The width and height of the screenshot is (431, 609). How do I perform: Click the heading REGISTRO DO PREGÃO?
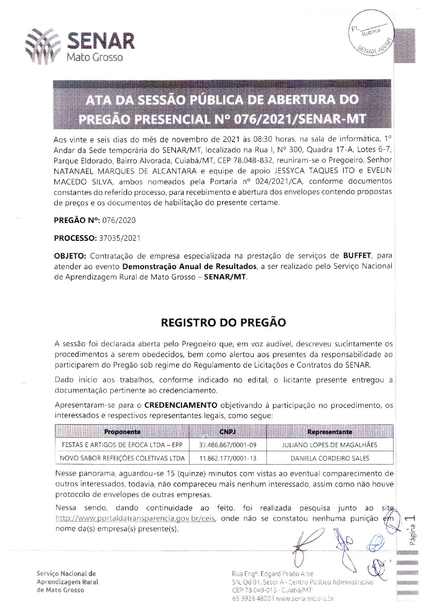[x=224, y=323]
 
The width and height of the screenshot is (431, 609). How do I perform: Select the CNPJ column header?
[x=228, y=432]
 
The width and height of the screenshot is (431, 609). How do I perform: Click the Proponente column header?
[x=122, y=432]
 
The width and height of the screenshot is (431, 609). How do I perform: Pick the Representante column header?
[x=330, y=432]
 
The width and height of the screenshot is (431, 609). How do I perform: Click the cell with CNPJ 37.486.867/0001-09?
[x=228, y=445]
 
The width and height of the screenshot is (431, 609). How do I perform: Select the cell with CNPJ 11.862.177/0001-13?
[x=228, y=458]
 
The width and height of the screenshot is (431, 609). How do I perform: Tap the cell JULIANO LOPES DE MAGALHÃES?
[x=330, y=445]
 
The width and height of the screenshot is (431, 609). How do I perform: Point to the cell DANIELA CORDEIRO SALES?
[x=330, y=458]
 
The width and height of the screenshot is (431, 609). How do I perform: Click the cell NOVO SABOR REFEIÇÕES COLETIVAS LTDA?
[x=122, y=458]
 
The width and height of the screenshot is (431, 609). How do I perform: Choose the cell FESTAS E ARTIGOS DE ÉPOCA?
[x=122, y=445]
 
